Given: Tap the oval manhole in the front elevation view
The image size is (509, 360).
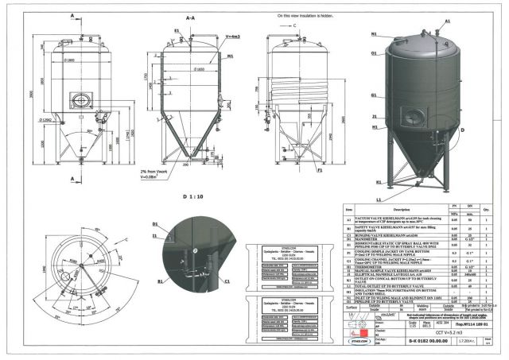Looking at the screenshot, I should click(80, 101).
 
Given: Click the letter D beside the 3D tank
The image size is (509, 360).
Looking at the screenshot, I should click(462, 127).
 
